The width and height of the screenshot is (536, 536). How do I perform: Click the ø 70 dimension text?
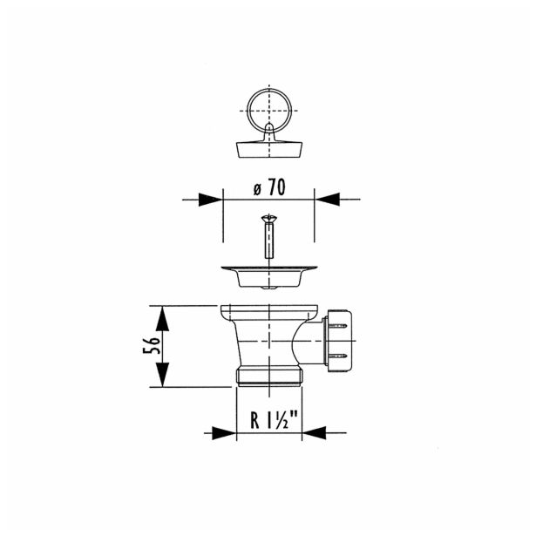[x=269, y=187]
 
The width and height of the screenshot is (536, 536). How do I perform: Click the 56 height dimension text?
[x=152, y=346]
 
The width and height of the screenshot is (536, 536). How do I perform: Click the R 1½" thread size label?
[x=274, y=420]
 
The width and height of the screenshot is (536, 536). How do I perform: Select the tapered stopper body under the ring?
[x=269, y=150]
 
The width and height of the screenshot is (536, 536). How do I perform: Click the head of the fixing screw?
[x=269, y=218]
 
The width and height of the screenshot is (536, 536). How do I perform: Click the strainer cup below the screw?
[x=269, y=276]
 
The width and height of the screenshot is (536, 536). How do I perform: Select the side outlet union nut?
[x=338, y=341]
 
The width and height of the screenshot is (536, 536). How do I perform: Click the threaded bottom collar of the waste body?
[x=269, y=377]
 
